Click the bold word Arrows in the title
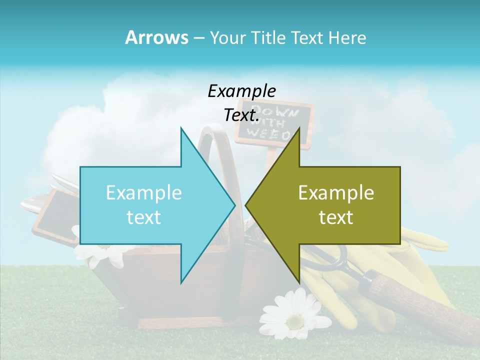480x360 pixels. (156, 37)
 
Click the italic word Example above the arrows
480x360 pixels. (241, 91)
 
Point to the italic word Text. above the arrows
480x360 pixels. (241, 115)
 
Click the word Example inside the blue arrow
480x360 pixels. (144, 192)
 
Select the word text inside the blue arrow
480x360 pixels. (144, 217)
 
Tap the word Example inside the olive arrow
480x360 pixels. (336, 192)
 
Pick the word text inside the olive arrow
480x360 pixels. (336, 217)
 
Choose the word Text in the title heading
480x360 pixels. (307, 37)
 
